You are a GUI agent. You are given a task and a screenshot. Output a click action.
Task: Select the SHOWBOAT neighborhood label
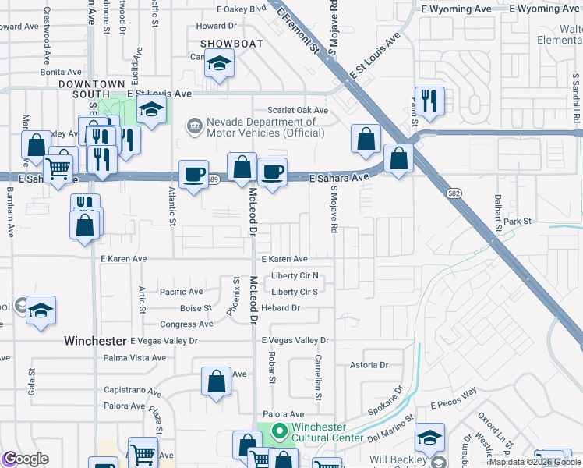point(231,44)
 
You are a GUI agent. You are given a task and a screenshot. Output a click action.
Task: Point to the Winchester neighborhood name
point(94,341)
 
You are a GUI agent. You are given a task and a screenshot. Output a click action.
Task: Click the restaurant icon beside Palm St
point(429,101)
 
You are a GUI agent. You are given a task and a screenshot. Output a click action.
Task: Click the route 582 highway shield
point(454,192)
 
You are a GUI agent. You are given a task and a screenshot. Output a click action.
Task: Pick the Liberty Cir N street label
point(295,276)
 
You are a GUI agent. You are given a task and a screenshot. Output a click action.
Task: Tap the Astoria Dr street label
point(369,364)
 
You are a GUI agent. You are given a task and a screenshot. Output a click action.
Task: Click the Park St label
point(517,222)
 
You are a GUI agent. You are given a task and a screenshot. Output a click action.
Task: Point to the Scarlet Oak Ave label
point(298,111)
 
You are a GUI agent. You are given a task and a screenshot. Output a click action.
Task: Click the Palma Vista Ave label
point(134,358)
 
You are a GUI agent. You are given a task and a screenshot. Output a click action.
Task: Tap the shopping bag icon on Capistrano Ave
point(217,381)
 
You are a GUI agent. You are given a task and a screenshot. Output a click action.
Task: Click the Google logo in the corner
point(25,459)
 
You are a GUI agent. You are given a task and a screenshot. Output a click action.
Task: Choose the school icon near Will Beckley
point(429,438)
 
